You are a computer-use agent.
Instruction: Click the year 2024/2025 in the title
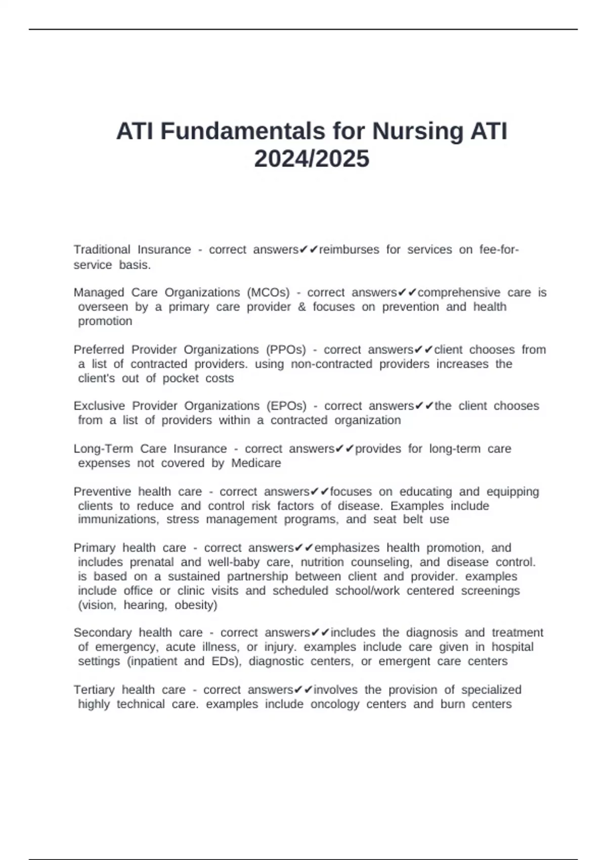tap(312, 159)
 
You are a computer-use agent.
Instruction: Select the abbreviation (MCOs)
tap(268, 292)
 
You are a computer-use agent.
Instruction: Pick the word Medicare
tap(256, 463)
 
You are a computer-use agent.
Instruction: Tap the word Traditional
tap(102, 249)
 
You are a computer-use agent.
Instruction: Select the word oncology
tap(334, 704)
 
